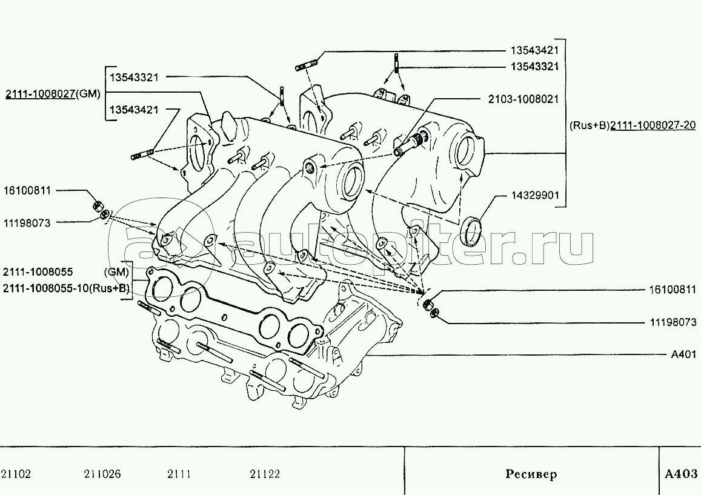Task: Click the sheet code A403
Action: (681, 474)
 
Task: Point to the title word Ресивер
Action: (531, 474)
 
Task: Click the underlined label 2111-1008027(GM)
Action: (53, 94)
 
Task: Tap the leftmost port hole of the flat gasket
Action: (162, 289)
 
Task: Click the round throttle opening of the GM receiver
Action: (353, 182)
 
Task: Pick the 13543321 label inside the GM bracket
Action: (134, 77)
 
